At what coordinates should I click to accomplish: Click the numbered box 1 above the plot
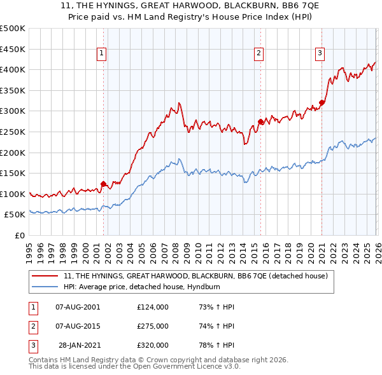[x=103, y=53]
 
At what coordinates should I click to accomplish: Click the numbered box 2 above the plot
[x=259, y=53]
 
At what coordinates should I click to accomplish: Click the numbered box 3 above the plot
[x=320, y=53]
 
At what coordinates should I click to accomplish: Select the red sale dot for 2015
[x=260, y=121]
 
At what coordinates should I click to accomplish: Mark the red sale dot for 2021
[x=322, y=102]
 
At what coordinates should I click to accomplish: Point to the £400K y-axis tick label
[x=13, y=70]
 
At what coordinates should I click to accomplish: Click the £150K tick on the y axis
[x=13, y=173]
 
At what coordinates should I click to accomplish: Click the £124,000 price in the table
[x=152, y=307]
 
